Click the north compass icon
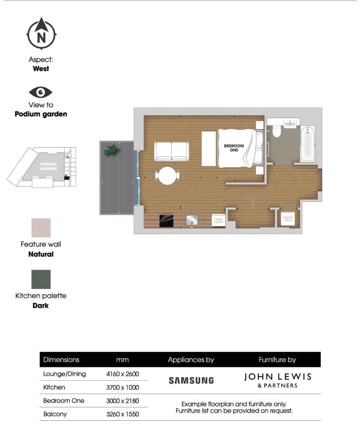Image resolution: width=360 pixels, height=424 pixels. pos(41,34)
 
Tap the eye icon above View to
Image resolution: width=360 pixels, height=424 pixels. pos(41,93)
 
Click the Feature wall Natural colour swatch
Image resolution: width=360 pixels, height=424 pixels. pos(41,227)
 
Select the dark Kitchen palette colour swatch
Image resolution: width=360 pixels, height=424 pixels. pos(41,279)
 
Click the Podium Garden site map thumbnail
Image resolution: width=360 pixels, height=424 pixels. pos(41,168)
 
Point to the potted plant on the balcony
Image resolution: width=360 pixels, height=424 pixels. pos(111,150)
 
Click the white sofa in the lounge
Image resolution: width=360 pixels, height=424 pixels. pos(171,151)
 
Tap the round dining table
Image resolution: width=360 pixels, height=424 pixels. pos(167,176)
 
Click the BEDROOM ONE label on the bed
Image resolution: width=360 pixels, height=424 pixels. pos(234,148)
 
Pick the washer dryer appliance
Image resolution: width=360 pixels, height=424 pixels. pos(288,220)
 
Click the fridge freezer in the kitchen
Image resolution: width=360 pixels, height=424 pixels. pos(218,221)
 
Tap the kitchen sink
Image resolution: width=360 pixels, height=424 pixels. pos(191,220)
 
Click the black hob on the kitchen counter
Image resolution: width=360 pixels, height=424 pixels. pos(166,221)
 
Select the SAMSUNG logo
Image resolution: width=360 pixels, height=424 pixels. pos(191,380)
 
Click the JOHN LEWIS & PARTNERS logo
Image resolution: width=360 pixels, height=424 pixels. pos(278,380)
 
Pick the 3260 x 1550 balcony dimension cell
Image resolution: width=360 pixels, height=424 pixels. pos(122,414)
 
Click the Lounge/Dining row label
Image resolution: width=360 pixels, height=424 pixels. pos(64,374)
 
